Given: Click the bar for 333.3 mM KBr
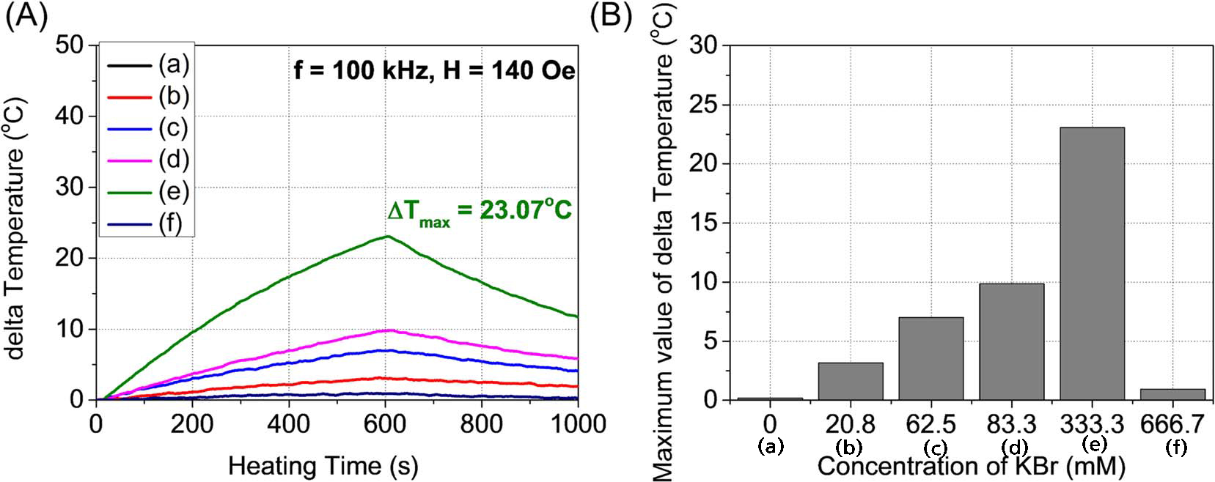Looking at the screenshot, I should point(1092,264).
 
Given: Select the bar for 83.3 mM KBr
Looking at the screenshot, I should point(1011,341).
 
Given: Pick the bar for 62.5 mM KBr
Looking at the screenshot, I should point(930,359).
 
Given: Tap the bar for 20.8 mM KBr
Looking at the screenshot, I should point(850,381).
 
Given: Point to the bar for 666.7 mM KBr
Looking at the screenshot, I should point(1172,394).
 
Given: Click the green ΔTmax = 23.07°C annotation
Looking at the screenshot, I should point(480,211).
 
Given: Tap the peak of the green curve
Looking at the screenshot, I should point(386,236).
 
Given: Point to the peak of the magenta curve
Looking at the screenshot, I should point(386,330).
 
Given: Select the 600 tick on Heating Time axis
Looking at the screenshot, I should point(385,423).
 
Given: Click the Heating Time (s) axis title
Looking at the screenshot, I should point(323,465).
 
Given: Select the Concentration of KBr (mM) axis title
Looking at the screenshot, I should point(971,466).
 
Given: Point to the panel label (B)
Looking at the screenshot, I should point(611,16).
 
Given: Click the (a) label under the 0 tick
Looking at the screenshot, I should point(769,446).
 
